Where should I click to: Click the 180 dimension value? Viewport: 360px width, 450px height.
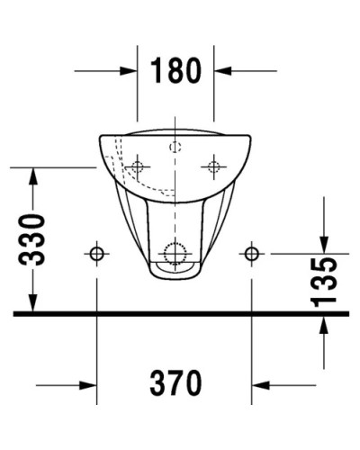tap(175, 69)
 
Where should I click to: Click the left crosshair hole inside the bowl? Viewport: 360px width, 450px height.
tap(137, 166)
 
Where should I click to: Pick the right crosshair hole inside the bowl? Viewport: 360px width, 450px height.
tap(214, 166)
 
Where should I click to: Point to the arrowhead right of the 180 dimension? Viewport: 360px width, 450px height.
tap(224, 69)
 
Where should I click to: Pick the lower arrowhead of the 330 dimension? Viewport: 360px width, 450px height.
tap(32, 304)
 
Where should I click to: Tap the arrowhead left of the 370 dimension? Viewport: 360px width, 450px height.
tap(87, 385)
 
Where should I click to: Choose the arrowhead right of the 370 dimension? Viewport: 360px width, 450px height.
tap(262, 385)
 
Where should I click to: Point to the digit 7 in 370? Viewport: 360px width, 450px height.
tap(176, 384)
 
